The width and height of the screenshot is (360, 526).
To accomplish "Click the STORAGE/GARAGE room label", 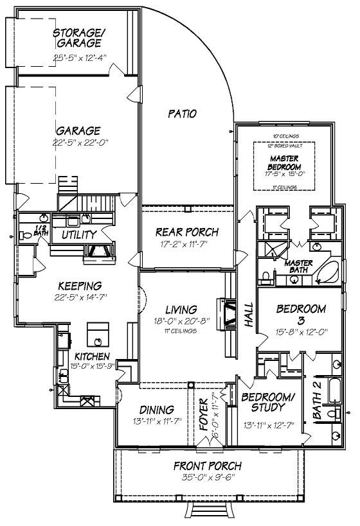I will point(76,39).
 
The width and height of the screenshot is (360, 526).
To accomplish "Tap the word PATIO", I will point(182,114).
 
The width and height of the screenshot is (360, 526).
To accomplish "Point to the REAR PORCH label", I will point(188,232).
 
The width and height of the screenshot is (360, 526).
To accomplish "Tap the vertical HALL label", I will point(249,315).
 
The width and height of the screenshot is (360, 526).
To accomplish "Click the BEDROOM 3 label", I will point(301,314).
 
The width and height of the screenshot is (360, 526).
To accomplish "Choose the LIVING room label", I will point(180,310).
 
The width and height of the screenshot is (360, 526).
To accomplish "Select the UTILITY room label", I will point(79,235).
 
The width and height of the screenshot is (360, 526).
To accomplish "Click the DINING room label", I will point(156,409).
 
